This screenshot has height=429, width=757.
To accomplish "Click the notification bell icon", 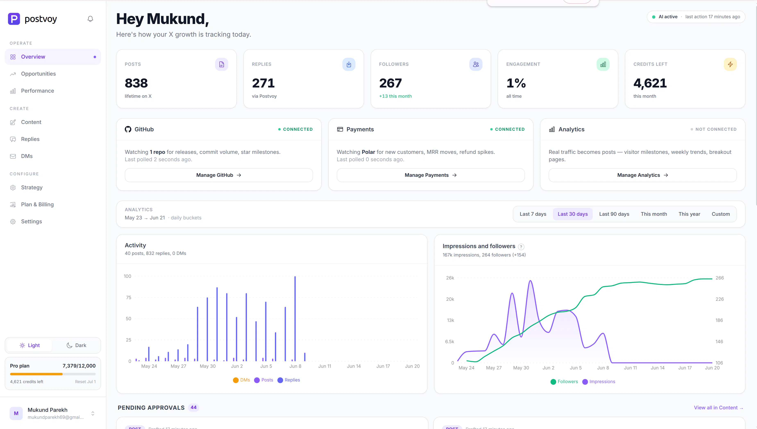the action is [x=90, y=19].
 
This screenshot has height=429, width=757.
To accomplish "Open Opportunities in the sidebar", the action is [x=38, y=74].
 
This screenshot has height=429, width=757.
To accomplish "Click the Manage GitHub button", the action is [x=219, y=175].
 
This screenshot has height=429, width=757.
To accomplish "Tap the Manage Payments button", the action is [x=431, y=175].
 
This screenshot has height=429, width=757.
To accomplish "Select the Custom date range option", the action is [x=721, y=214].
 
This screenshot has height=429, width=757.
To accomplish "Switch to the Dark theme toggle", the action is [x=77, y=345].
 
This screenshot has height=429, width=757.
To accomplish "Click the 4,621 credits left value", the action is [x=650, y=83].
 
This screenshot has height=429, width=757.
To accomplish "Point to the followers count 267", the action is [x=390, y=83].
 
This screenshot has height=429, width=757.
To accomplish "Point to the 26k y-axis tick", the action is [x=450, y=278].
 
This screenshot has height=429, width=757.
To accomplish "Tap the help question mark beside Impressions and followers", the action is [x=521, y=247].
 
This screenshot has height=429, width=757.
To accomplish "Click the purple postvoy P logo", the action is [x=14, y=19].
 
